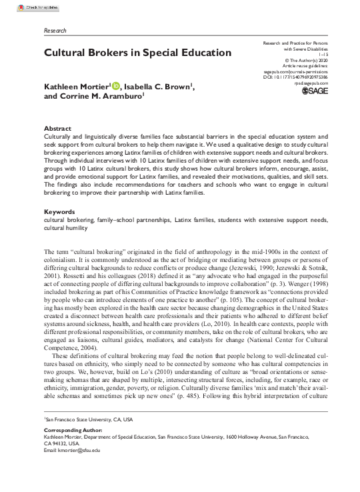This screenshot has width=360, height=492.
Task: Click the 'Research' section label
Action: point(56,31)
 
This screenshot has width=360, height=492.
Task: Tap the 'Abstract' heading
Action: point(58,127)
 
